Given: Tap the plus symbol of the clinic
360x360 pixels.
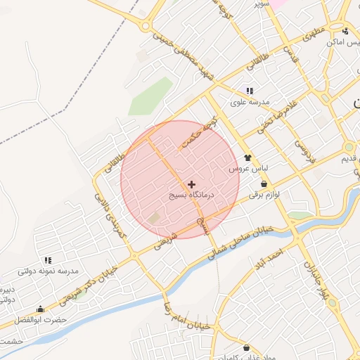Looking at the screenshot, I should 193,183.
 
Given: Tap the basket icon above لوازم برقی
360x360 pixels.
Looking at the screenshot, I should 263,184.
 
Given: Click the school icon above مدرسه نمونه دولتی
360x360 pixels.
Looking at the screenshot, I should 48,261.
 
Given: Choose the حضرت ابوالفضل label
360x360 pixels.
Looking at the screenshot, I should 63,319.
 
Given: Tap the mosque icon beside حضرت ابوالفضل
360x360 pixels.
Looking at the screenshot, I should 40,309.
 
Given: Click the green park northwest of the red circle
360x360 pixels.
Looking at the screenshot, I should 150,96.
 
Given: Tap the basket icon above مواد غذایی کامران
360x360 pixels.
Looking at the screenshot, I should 246,348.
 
